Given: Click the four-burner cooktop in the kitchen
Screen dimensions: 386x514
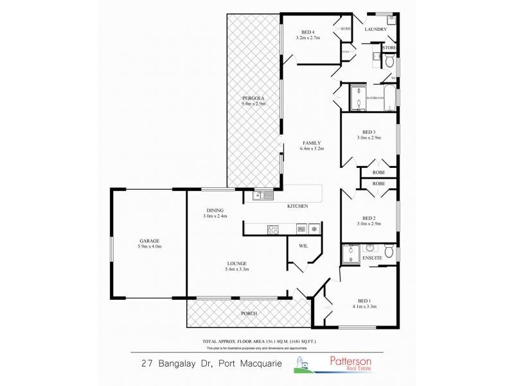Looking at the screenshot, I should (272, 228).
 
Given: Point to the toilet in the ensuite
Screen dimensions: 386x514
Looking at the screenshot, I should (389, 250).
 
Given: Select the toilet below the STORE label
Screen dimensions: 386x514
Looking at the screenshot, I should (389, 60).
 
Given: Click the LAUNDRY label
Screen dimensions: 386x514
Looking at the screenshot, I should (375, 30).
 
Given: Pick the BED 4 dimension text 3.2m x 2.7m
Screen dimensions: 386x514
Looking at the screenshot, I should (308, 38).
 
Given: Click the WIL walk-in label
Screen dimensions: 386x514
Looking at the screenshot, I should (304, 246).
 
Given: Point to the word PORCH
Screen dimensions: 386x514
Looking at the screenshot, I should (249, 313).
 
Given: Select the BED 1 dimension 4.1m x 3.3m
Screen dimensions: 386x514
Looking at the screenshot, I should (364, 306).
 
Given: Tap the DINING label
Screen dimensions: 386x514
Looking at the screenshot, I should (215, 210).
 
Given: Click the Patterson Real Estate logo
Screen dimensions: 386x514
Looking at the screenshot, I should (337, 364).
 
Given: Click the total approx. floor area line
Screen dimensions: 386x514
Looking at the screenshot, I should (259, 340).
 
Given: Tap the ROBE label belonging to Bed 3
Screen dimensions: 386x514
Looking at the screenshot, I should (378, 172).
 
